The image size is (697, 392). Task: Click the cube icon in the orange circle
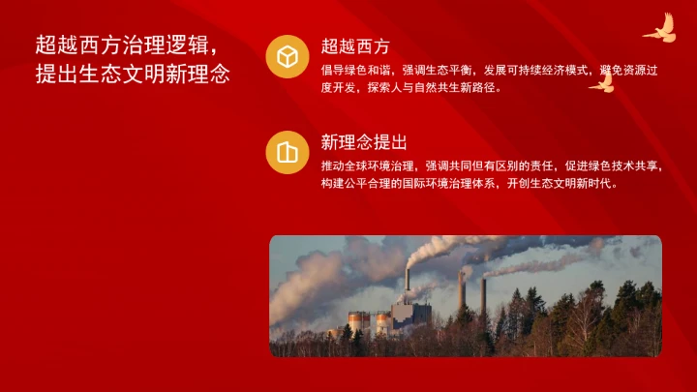coord(287,57)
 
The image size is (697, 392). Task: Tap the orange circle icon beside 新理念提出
coord(287,152)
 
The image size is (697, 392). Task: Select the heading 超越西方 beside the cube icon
coord(355,45)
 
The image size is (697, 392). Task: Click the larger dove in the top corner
coord(658,29)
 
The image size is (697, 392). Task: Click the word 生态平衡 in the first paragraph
coord(446,71)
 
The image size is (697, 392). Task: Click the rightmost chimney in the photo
coord(482,295)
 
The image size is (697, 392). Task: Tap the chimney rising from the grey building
coord(408,283)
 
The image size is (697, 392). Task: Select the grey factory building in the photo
coord(410,314)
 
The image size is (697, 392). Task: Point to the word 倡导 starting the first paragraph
coord(331,71)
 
